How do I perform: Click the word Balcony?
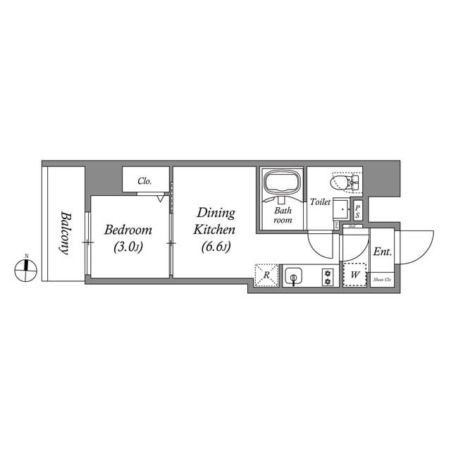(x=64, y=233)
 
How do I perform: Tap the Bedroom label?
(x=128, y=230)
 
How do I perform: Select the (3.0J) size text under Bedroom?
(x=128, y=247)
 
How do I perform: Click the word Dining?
(x=216, y=213)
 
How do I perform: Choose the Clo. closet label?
(x=145, y=181)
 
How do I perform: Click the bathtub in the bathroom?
(x=282, y=185)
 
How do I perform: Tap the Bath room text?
(x=283, y=215)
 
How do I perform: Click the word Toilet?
(x=320, y=202)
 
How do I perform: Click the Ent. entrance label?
(x=383, y=252)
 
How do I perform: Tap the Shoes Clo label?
(x=383, y=280)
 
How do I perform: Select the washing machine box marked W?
(x=354, y=275)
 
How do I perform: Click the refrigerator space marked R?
(x=266, y=276)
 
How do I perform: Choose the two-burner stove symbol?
(x=327, y=276)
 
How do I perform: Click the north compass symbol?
(x=26, y=268)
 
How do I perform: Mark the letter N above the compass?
(x=26, y=255)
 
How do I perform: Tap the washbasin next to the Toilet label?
(x=341, y=209)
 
